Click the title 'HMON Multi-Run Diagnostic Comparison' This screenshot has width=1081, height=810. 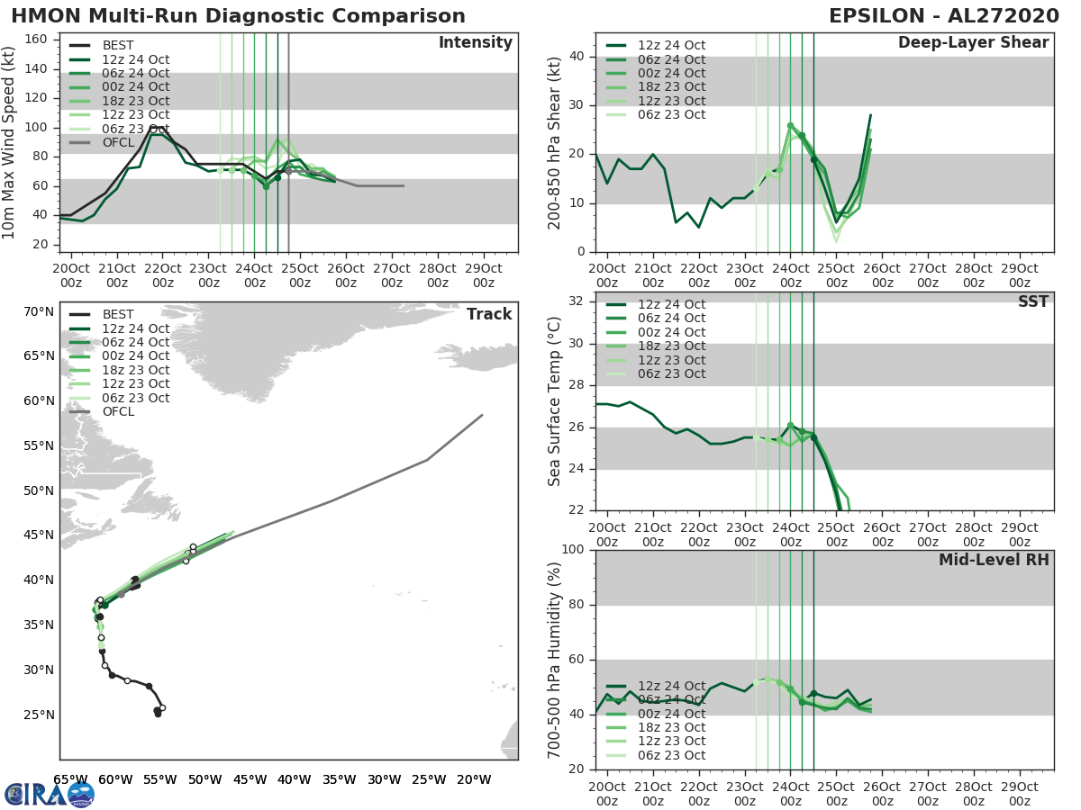pos(239,16)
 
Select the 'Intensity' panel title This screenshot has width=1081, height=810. pos(475,43)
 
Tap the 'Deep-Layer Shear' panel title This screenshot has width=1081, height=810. pos(973,43)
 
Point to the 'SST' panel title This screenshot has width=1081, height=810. pos(1033,302)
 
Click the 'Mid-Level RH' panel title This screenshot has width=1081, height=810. pos(994,561)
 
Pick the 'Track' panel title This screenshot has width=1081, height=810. pos(489,314)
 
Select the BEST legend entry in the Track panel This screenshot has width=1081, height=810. pos(118,314)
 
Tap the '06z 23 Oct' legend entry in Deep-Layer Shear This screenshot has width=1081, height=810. pos(671,114)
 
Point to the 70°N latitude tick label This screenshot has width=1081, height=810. pos(39,312)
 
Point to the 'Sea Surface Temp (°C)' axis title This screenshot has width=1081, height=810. pos(555,402)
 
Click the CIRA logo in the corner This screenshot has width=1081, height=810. pos(49,794)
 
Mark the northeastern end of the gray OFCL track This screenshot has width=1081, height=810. pos(482,415)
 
